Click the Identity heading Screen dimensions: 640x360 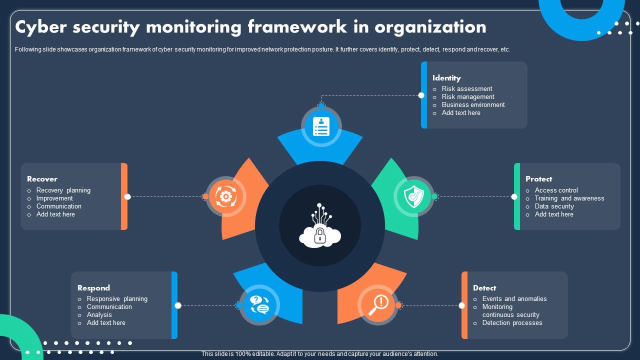(x=446, y=78)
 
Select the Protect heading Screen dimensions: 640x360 (x=538, y=179)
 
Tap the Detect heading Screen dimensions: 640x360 (x=484, y=288)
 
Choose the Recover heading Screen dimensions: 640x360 (x=42, y=179)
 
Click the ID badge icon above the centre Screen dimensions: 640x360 (x=321, y=126)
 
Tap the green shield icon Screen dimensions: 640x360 (x=413, y=196)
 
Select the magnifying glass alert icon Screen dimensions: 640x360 (x=377, y=305)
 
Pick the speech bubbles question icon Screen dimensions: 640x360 (x=259, y=305)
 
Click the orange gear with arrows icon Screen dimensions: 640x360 (x=225, y=196)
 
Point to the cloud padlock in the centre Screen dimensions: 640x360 (x=319, y=225)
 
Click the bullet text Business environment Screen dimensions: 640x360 (x=473, y=105)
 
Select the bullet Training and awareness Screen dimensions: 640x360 (x=569, y=198)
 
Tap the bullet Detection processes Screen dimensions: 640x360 (x=512, y=323)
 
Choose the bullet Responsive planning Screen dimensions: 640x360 (x=117, y=299)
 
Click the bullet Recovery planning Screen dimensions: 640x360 (x=63, y=190)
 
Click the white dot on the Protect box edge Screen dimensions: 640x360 (x=514, y=196)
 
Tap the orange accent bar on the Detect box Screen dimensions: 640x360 (x=464, y=305)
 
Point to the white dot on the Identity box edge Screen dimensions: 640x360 (x=421, y=95)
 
